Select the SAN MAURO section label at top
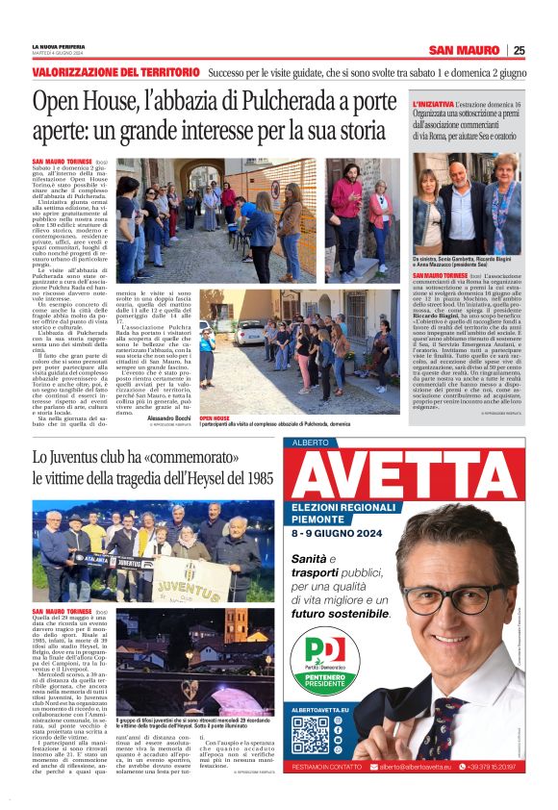(465, 50)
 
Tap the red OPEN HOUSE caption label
(215, 419)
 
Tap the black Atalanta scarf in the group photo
(76, 557)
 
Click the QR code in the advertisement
(311, 735)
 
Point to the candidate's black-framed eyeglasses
(454, 597)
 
